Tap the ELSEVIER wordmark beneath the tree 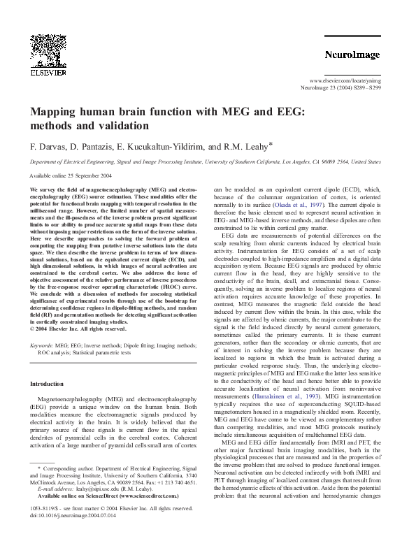pyautogui.click(x=48, y=71)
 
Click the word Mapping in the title pyautogui.click(x=55, y=112)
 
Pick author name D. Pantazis pyautogui.click(x=94, y=147)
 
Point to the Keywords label pyautogui.click(x=41, y=346)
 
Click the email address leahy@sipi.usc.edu pyautogui.click(x=88, y=490)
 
